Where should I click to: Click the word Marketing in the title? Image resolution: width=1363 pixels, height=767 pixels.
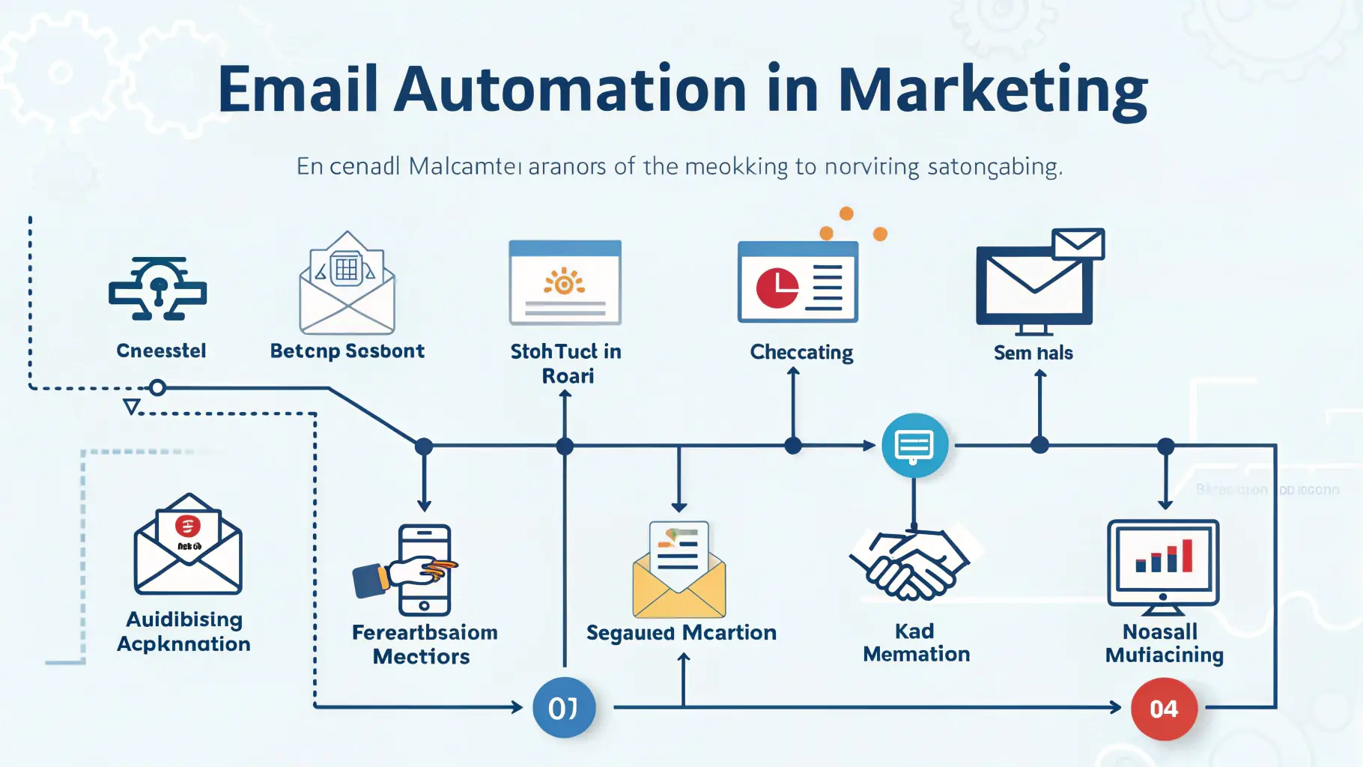[x=992, y=91]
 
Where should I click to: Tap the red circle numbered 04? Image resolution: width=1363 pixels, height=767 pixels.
[x=1163, y=709]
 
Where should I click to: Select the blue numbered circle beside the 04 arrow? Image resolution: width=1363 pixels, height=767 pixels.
[x=564, y=708]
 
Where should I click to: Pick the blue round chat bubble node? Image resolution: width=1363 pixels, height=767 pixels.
[x=914, y=446]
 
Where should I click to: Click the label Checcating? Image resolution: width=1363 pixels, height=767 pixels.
[x=801, y=352]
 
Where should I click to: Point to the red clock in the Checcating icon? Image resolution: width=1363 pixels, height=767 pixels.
[x=777, y=288]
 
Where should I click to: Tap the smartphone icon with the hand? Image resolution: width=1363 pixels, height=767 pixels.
[x=423, y=569]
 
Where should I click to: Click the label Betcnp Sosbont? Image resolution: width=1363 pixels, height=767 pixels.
[x=347, y=351]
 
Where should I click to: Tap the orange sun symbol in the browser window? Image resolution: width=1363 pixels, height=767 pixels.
[x=565, y=282]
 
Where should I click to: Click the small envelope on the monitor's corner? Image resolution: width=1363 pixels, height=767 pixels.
[x=1078, y=243]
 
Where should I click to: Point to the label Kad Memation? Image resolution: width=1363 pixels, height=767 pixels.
[x=916, y=643]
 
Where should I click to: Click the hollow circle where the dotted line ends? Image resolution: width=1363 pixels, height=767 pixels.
[x=157, y=388]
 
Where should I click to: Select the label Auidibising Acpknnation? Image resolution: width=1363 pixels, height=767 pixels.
[x=184, y=631]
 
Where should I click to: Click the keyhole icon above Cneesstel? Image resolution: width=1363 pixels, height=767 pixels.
[x=158, y=288]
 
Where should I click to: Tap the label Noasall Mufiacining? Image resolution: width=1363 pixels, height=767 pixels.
[x=1164, y=643]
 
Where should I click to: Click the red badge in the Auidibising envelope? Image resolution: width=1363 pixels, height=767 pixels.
[x=187, y=526]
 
